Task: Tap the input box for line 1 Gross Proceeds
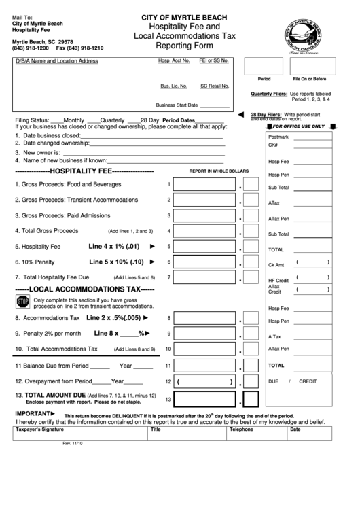tap(214, 184)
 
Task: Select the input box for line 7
tap(214, 277)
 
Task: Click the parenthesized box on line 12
tap(214, 382)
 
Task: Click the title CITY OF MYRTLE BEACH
tap(184, 17)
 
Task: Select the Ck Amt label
tap(276, 264)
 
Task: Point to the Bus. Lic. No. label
tap(174, 86)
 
